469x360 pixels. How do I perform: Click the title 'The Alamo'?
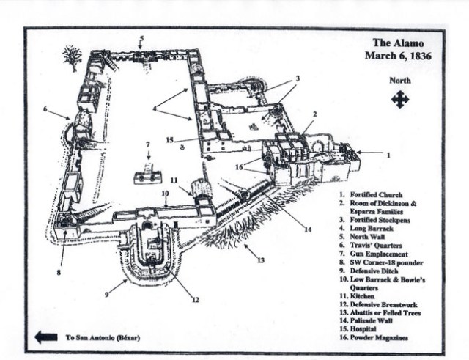(396, 43)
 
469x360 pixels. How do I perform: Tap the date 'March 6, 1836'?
(396, 55)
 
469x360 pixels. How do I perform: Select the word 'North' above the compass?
(400, 81)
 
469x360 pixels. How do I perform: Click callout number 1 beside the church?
(389, 154)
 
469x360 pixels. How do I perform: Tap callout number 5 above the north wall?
(142, 38)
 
